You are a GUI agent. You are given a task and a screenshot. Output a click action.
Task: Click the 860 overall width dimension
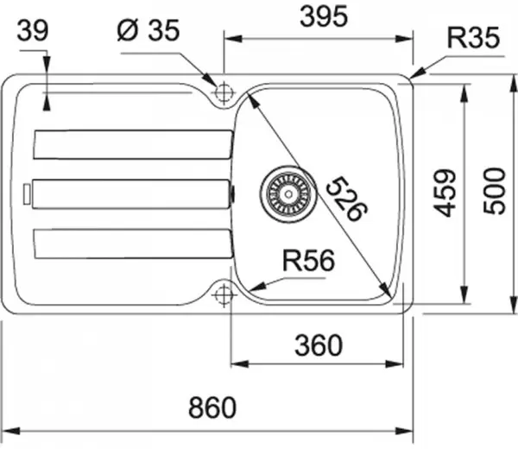(211, 407)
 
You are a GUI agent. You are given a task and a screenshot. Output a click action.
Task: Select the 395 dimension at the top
(319, 16)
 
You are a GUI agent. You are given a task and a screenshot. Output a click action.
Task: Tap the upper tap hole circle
(224, 91)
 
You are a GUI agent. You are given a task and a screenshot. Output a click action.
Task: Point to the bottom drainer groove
(132, 243)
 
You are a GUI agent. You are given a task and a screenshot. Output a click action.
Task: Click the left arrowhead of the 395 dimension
(229, 39)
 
